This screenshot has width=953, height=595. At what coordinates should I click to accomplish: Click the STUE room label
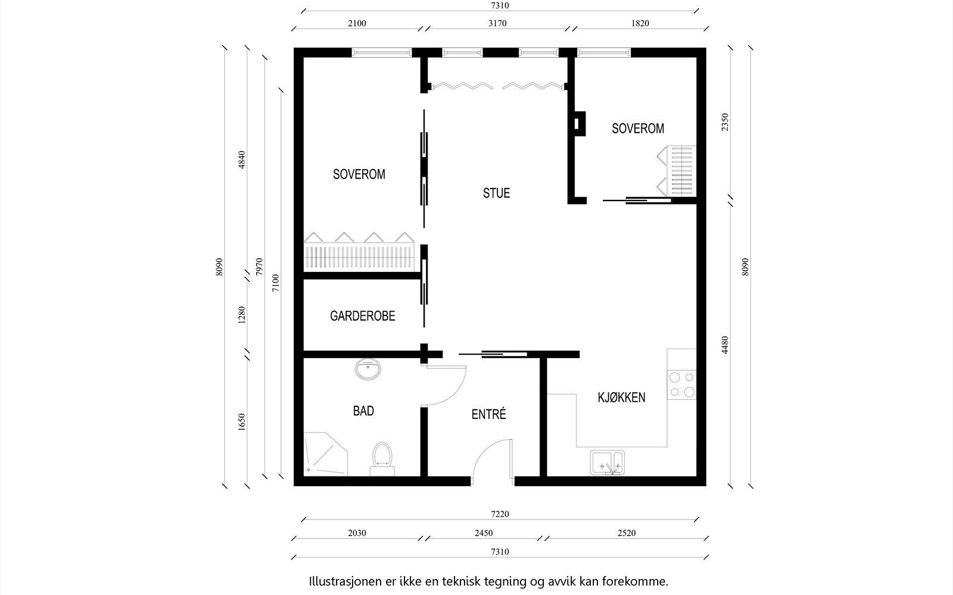point(496,193)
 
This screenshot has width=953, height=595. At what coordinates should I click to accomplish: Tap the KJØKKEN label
point(621,397)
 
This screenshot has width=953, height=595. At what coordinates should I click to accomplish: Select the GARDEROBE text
point(363,316)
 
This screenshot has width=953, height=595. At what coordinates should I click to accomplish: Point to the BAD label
point(363,411)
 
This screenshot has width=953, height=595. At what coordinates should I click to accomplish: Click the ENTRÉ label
point(488,414)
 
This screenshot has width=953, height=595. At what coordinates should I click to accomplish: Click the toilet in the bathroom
point(382,459)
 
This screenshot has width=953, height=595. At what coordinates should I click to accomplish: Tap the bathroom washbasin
point(368,369)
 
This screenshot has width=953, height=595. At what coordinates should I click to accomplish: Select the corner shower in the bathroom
point(325,454)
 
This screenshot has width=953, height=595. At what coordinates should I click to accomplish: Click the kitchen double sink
point(607,462)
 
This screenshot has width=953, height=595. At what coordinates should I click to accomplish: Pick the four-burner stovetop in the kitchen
point(681,384)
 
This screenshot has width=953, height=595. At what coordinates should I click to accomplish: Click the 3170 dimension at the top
point(497,23)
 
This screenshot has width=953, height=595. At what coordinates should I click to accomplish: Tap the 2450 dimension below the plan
point(484,533)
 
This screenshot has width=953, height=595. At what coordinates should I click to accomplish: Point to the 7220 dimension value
point(500,514)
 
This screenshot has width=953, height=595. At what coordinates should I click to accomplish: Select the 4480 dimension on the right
point(725,345)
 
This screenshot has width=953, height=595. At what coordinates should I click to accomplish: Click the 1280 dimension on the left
point(242,315)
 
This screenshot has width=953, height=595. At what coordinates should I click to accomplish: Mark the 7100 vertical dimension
point(276,283)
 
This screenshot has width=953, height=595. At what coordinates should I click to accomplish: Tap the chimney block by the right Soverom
point(580,124)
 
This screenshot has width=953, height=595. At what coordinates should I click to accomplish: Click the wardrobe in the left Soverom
point(359,252)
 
